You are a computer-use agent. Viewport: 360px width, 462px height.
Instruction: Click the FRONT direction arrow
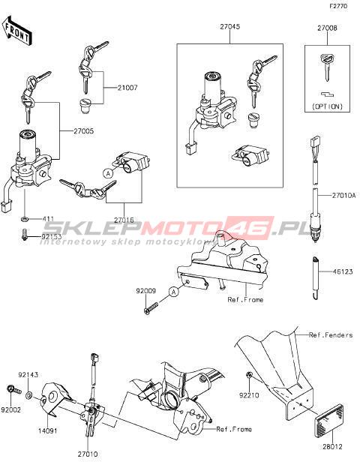coord(16,31)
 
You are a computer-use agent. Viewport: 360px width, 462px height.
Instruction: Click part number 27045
coord(230,26)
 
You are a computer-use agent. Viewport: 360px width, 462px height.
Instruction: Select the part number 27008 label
coord(327,28)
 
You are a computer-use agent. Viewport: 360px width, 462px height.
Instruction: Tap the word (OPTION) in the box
coord(327,106)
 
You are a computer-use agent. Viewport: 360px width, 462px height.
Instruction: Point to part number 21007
coord(127,88)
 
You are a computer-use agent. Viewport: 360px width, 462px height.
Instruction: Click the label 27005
coord(84,130)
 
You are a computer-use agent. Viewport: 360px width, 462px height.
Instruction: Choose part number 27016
coord(124,220)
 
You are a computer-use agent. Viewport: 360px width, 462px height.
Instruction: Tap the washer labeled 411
coord(25,219)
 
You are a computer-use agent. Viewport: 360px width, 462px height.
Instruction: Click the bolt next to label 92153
coord(25,235)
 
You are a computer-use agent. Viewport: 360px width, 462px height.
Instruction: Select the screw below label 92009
coord(151,308)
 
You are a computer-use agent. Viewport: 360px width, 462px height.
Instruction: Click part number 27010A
coord(343,195)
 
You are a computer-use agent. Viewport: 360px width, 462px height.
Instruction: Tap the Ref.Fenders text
coord(331,335)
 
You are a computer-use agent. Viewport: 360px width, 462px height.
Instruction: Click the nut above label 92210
coord(249,375)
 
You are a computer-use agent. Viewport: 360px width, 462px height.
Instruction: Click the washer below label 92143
coord(30,394)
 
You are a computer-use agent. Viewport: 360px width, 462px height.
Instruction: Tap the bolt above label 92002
coord(13,389)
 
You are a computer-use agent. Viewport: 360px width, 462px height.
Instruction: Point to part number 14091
coord(48,430)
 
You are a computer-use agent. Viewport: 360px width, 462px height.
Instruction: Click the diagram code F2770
coord(338,6)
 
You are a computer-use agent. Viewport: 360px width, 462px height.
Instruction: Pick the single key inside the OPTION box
coord(326,67)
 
